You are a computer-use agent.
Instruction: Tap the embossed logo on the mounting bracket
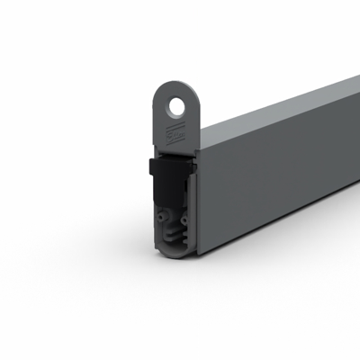(174, 136)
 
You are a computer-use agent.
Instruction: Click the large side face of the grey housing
(279, 180)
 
